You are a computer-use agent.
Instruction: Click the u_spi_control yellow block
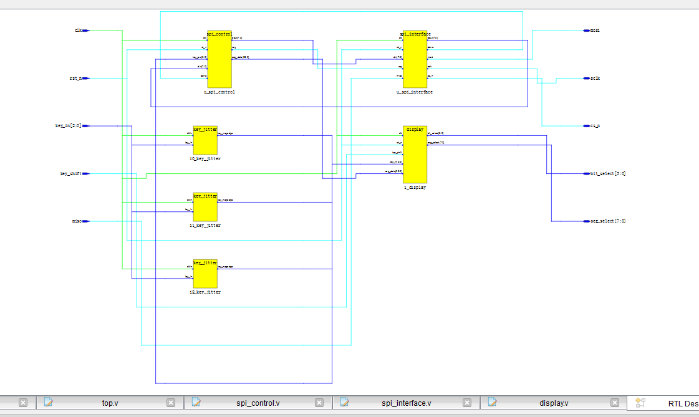219,60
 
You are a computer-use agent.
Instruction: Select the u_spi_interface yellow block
415,60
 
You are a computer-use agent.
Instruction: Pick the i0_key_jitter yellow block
205,141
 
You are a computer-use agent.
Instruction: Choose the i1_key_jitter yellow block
205,208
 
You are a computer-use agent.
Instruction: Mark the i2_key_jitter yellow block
205,274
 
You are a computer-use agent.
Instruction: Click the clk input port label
79,30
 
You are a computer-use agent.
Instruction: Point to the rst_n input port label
75,79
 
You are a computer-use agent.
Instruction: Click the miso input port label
77,221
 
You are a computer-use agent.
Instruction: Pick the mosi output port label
595,30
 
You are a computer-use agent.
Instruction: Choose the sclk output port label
595,79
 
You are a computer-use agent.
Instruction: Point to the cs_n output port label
595,126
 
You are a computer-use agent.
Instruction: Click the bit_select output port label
608,173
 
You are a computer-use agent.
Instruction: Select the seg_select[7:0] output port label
608,221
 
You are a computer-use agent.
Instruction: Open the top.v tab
110,403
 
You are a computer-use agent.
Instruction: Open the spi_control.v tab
258,403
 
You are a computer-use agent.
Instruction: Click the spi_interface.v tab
406,403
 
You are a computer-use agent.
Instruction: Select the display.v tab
554,403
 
